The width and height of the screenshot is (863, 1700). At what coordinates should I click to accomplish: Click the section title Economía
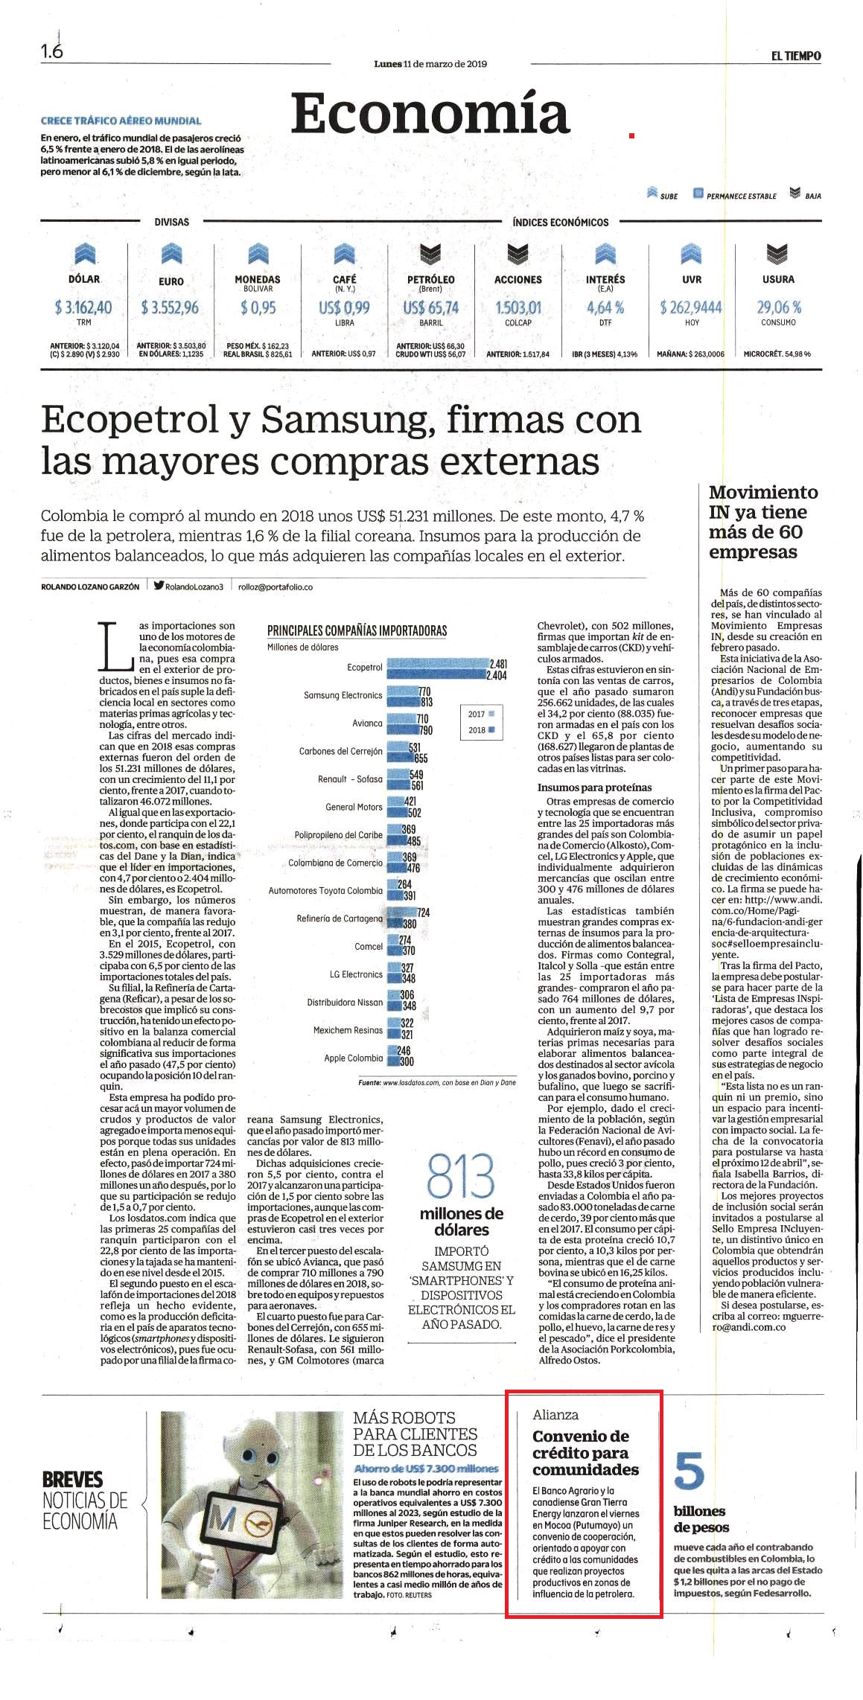[x=430, y=113]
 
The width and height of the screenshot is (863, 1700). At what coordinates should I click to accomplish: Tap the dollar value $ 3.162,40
[x=83, y=307]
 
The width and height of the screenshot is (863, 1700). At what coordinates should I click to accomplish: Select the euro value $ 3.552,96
[x=171, y=307]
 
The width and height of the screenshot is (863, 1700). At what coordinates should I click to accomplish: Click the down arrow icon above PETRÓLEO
[x=430, y=255]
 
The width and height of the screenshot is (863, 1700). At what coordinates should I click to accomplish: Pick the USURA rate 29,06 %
[x=779, y=307]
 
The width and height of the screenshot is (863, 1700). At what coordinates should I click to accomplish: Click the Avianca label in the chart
[x=367, y=723]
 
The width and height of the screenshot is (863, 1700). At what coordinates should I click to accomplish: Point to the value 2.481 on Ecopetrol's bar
[x=497, y=663]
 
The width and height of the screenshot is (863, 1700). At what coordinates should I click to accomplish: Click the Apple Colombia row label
[x=353, y=1058]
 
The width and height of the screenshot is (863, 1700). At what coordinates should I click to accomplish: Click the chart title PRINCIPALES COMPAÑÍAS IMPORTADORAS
[x=357, y=631]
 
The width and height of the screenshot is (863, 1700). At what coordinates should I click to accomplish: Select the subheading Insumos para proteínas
[x=594, y=787]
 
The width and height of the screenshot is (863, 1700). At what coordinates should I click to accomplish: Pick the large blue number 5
[x=690, y=1471]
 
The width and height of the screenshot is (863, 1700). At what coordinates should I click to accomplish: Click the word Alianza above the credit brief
[x=555, y=1415]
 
